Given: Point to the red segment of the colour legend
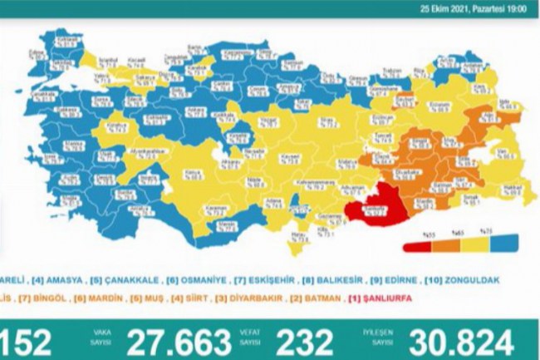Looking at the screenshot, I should tap(415, 246).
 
